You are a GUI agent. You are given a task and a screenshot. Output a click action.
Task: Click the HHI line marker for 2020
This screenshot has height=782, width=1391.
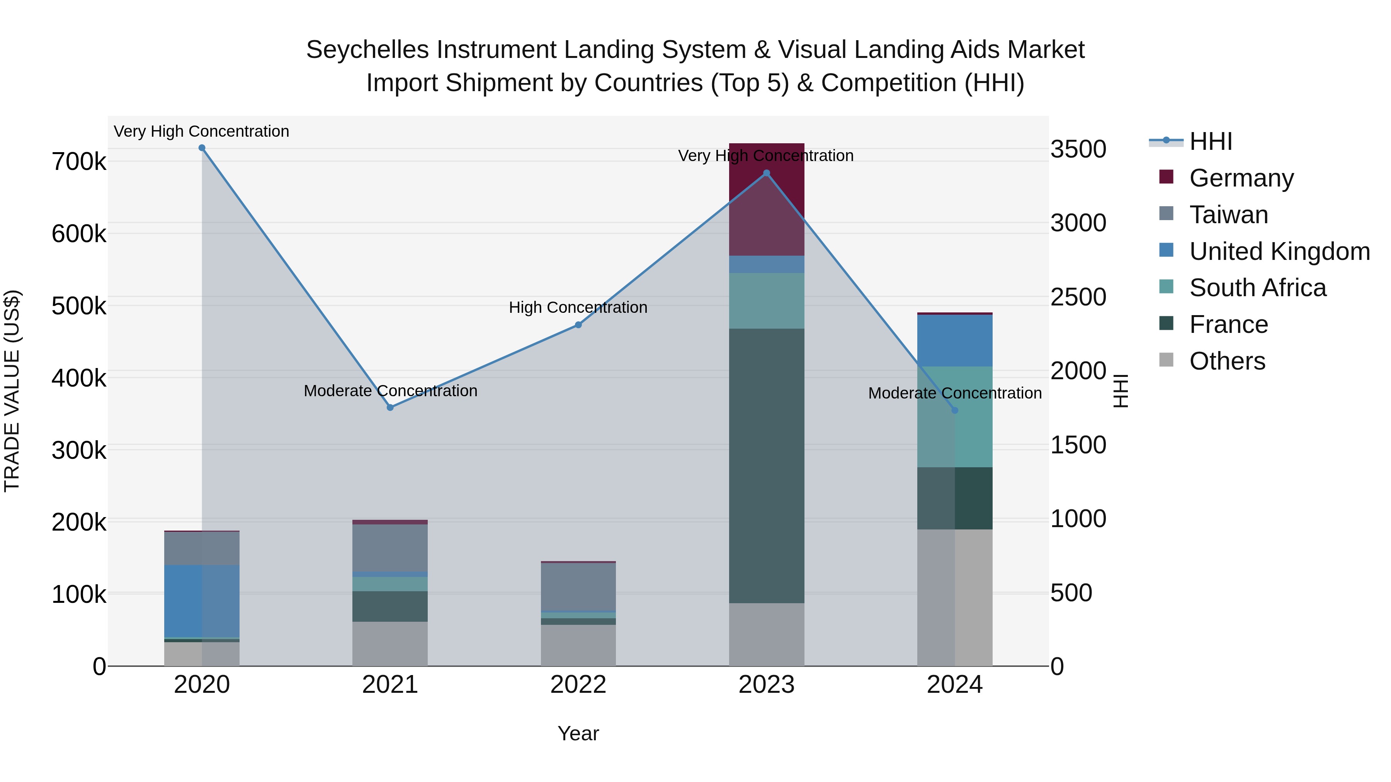(202, 148)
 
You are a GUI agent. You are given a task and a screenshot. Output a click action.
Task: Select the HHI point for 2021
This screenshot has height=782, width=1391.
(390, 407)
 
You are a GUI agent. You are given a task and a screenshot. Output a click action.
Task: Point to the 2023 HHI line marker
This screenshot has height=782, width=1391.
(767, 173)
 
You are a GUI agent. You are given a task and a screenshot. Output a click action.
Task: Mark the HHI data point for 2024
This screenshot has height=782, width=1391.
(955, 410)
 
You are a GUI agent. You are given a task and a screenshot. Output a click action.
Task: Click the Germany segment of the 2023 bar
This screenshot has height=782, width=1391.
(767, 199)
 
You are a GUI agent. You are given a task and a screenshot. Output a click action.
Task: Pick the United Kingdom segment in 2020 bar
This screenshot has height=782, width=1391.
(202, 600)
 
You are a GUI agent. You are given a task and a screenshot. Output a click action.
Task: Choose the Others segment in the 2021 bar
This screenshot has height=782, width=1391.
(390, 643)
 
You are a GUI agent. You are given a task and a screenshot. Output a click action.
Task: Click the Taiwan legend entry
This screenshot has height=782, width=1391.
(1228, 215)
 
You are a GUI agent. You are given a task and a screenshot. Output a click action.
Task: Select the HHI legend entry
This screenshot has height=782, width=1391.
(1210, 141)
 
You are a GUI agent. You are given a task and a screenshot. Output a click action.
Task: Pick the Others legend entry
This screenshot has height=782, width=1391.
(1227, 361)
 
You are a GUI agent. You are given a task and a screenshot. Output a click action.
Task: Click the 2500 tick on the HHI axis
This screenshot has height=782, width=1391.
(1078, 297)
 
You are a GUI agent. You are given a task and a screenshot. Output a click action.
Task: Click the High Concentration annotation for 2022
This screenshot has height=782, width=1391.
(578, 308)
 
